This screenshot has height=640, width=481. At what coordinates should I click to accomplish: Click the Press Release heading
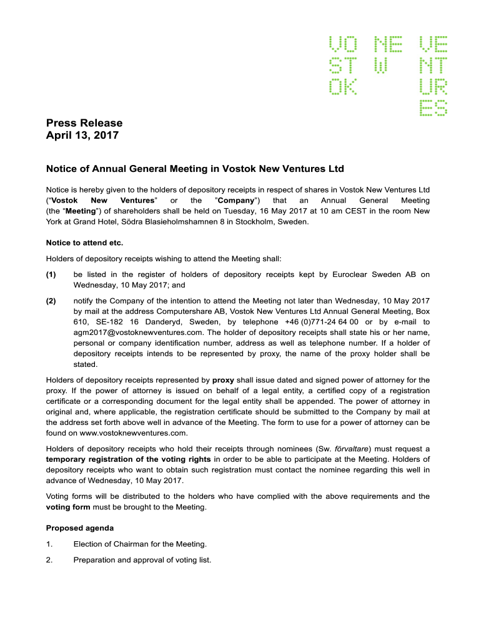84,122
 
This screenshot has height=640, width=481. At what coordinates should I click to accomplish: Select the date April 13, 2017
82,135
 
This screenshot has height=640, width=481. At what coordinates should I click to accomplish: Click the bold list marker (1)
51,274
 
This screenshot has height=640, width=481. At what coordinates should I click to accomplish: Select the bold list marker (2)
51,301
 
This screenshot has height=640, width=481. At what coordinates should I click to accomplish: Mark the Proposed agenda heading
80,528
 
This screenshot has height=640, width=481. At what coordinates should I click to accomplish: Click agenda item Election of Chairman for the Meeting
140,544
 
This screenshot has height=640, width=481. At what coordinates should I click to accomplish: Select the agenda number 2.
49,559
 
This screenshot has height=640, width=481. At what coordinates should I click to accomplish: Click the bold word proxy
223,379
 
